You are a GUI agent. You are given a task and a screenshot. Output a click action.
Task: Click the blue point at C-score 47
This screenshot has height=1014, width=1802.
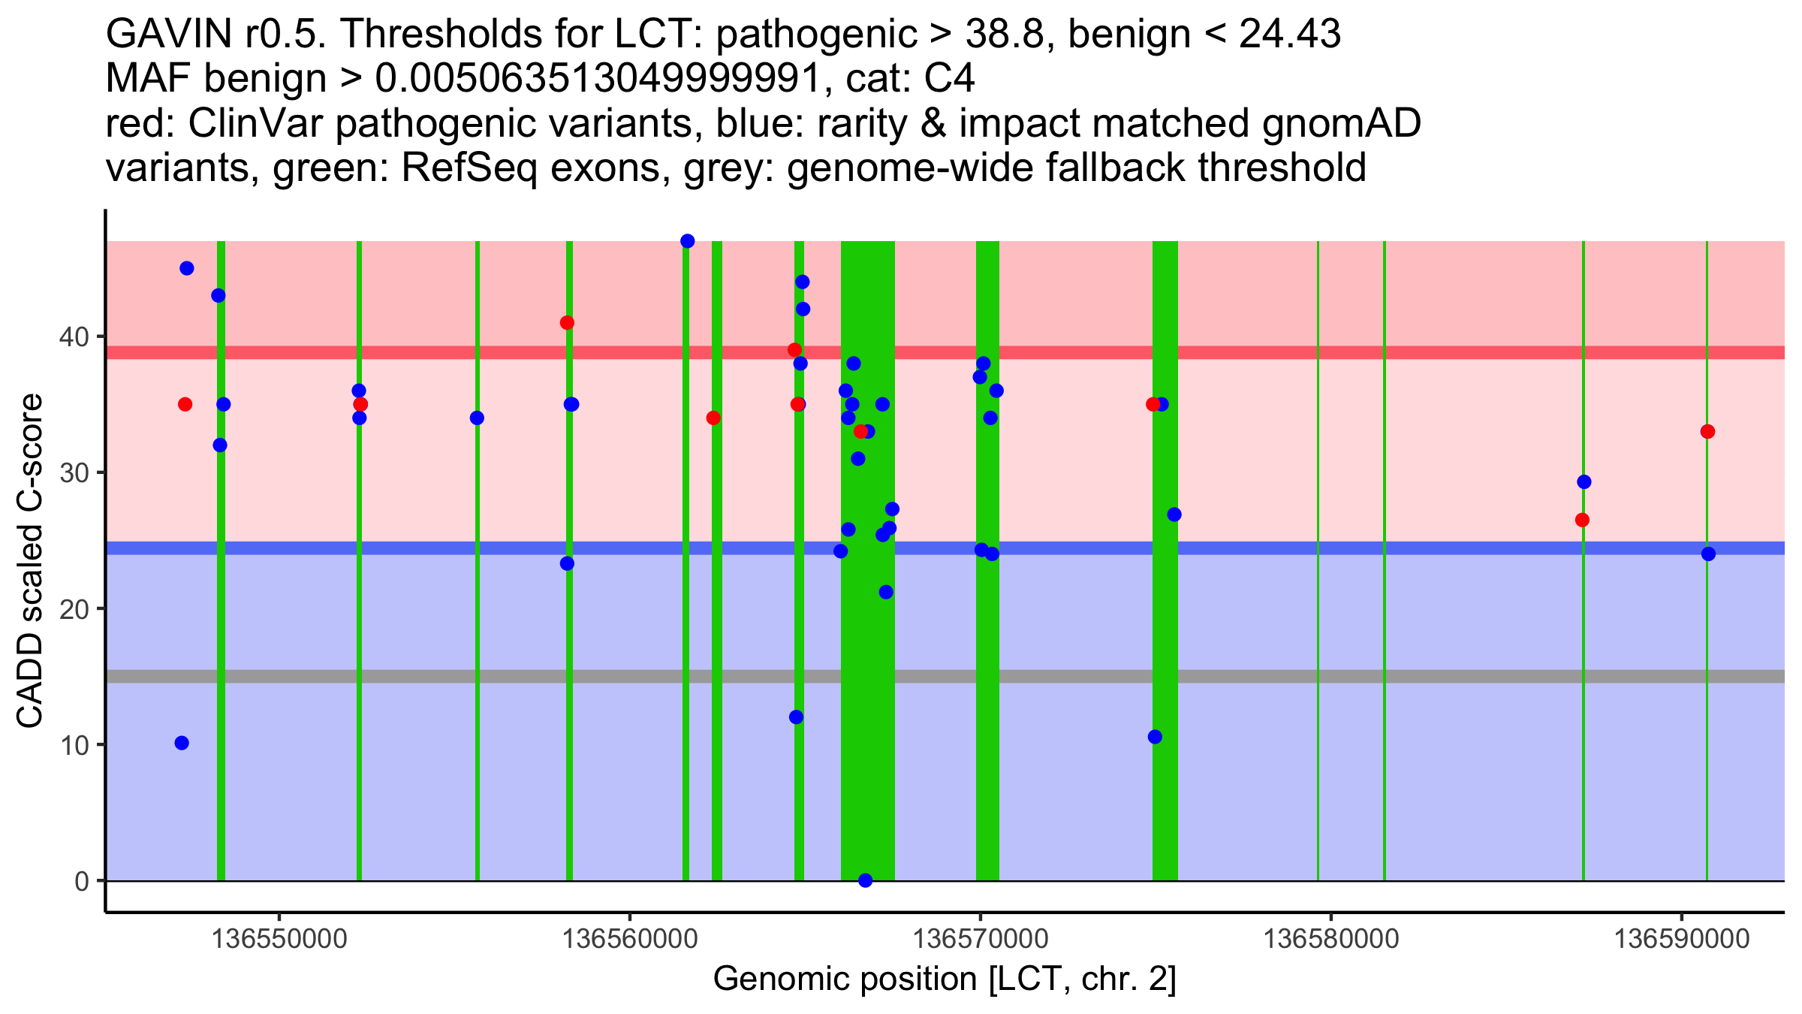(x=687, y=241)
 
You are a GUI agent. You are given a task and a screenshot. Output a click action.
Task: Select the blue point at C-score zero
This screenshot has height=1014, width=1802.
(x=865, y=880)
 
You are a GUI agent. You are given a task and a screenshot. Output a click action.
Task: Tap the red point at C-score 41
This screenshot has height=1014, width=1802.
(x=567, y=323)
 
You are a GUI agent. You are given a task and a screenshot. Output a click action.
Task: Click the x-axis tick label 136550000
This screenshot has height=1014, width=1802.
(x=279, y=939)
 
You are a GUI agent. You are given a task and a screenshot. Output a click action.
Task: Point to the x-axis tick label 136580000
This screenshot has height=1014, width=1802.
(x=1331, y=939)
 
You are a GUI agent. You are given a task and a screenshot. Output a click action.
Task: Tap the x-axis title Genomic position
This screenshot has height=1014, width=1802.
(x=945, y=979)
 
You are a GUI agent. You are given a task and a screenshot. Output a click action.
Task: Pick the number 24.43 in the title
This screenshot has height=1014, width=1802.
(x=1289, y=35)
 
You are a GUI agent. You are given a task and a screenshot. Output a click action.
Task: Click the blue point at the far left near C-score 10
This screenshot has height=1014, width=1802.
(x=182, y=743)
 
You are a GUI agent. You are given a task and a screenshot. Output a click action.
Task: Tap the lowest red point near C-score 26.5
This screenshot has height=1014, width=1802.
(x=1582, y=520)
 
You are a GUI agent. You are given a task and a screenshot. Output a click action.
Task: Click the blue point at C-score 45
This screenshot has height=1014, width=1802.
(x=187, y=268)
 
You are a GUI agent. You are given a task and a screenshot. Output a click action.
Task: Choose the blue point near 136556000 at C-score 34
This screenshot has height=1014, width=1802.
(x=477, y=418)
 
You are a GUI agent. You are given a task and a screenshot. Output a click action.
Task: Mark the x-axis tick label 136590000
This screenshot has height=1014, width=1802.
(x=1682, y=939)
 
